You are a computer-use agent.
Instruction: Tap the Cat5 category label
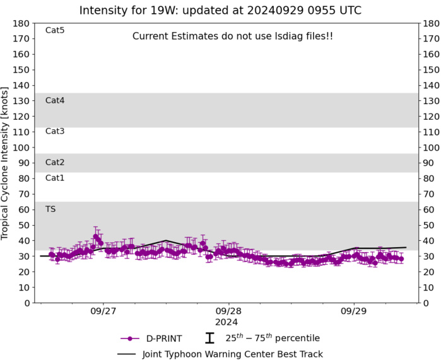tap(55, 30)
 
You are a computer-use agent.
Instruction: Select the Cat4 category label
tap(55, 100)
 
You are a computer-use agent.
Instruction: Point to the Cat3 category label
tap(55, 131)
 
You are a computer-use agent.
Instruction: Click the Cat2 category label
tap(55, 163)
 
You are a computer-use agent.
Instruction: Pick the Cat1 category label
tap(55, 178)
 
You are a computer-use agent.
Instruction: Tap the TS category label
tap(50, 209)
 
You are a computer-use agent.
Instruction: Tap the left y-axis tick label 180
tap(22, 23)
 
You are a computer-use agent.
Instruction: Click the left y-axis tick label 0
tap(27, 303)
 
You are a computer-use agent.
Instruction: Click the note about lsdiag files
tap(232, 37)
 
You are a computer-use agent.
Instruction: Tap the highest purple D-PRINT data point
tap(96, 237)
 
